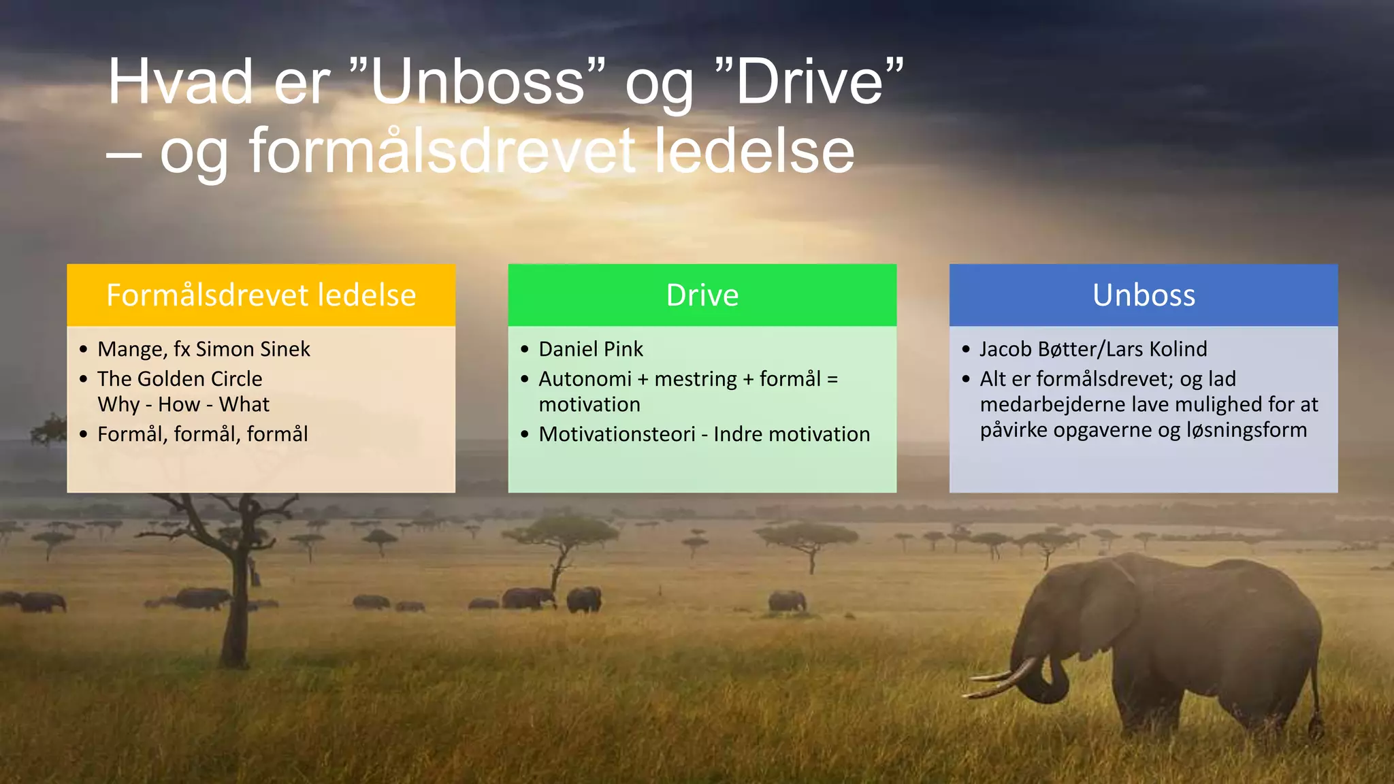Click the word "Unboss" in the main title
[x=476, y=82]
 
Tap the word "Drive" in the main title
[x=810, y=82]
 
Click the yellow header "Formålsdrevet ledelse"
[x=261, y=295]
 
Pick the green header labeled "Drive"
[x=702, y=295]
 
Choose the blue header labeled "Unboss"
[x=1144, y=295]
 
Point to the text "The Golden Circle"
[x=180, y=378]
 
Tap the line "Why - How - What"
[x=183, y=404]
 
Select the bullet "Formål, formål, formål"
[x=202, y=434]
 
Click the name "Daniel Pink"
[x=590, y=349]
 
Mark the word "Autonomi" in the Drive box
[x=585, y=378]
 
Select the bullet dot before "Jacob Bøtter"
[x=966, y=349]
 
